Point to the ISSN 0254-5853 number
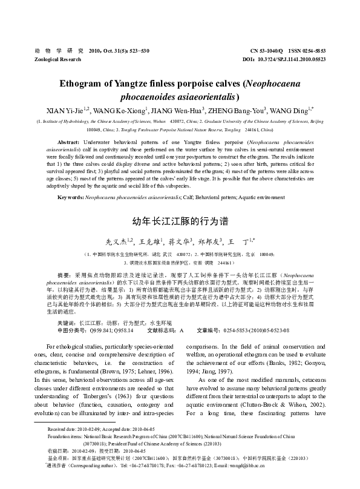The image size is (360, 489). click(310, 51)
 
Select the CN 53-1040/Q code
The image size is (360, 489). click(264, 51)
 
